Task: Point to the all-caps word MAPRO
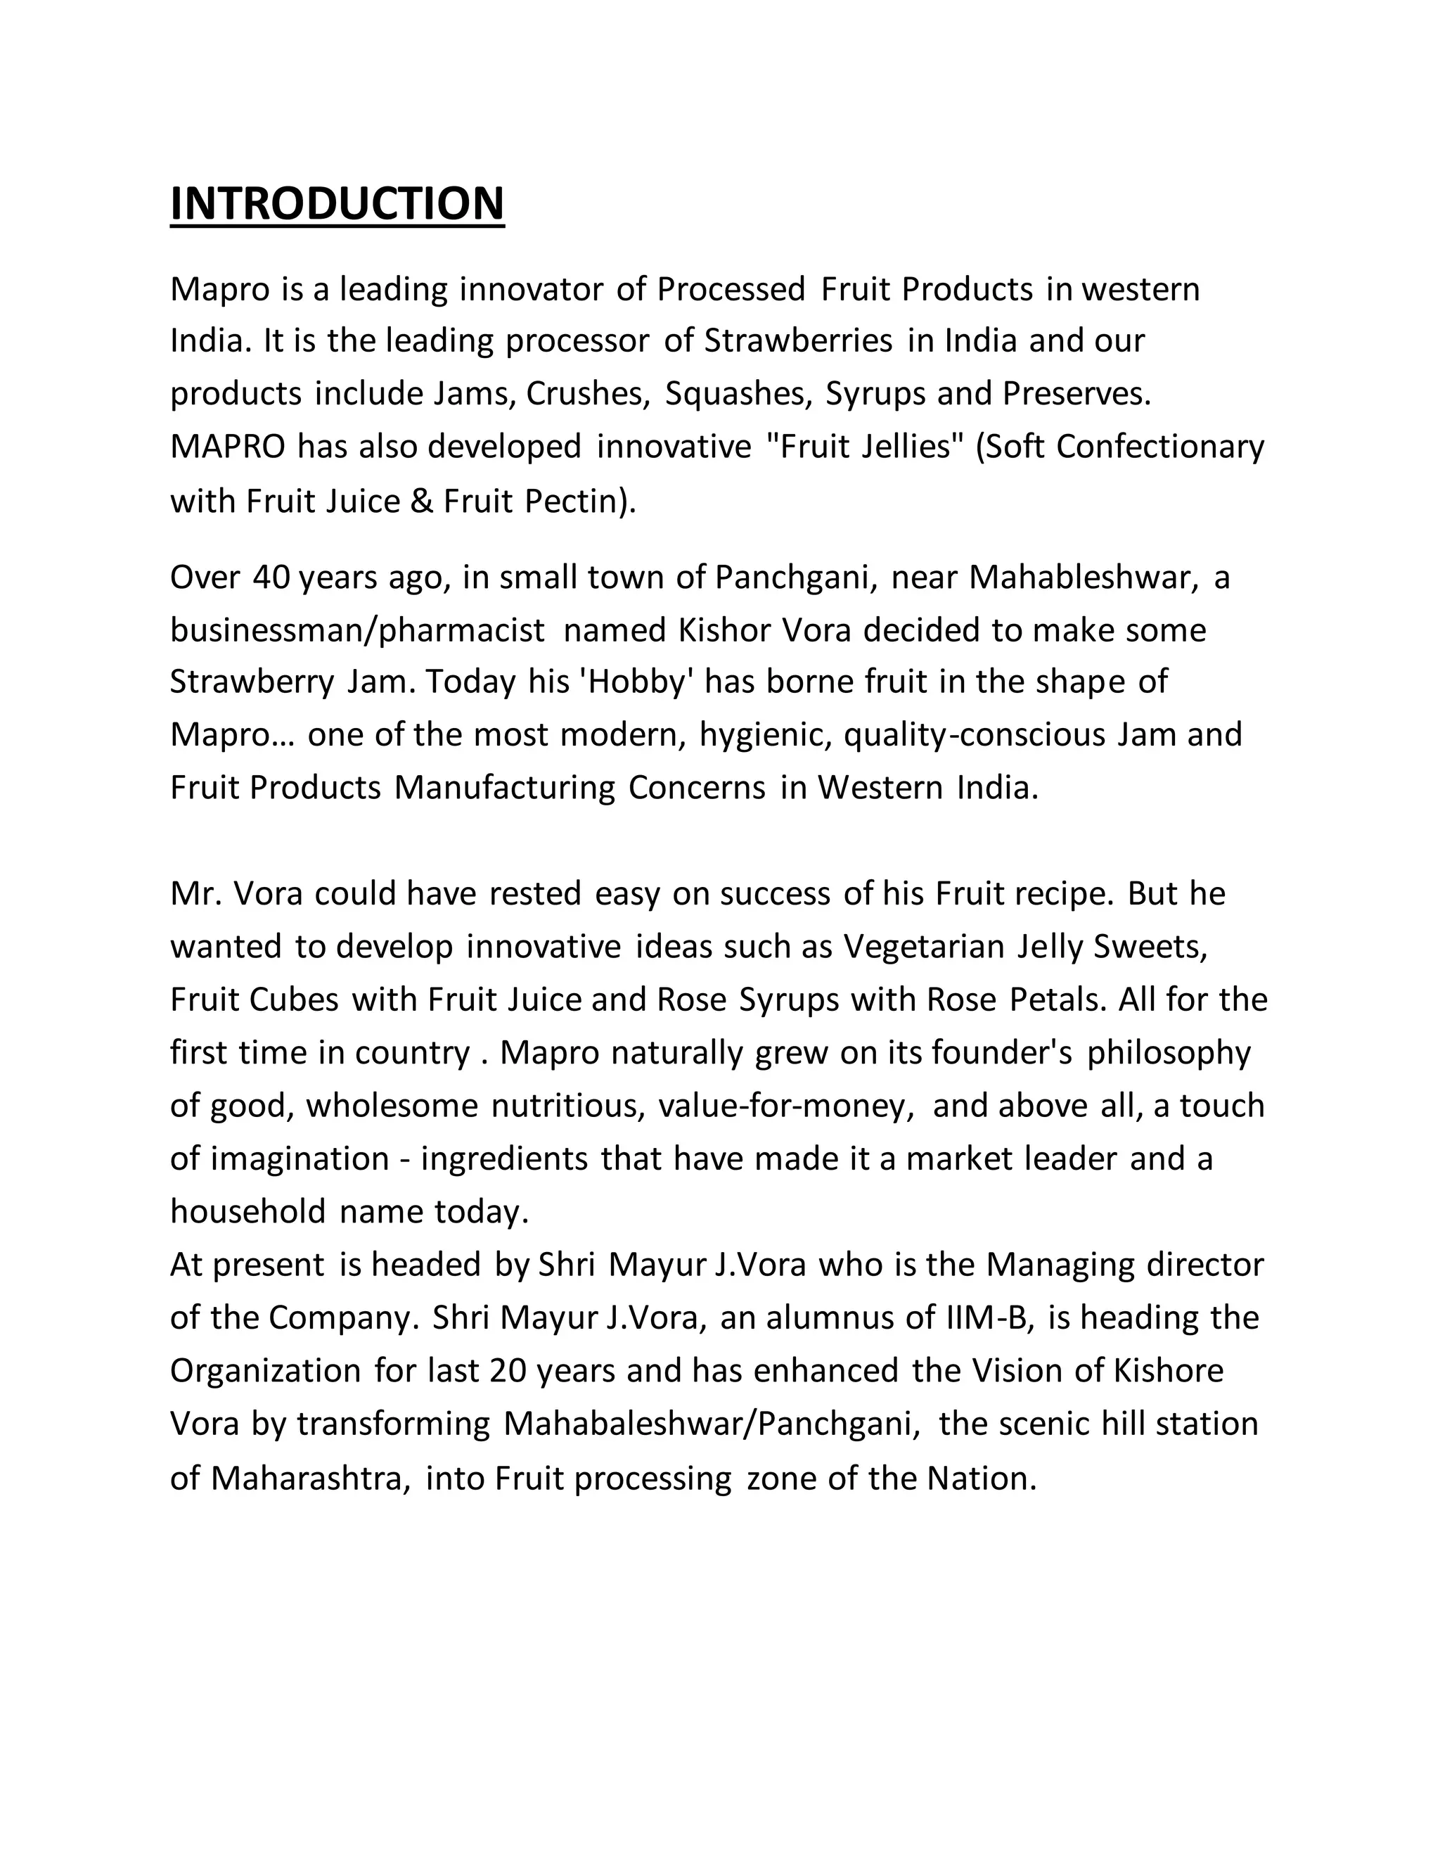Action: pyautogui.click(x=228, y=447)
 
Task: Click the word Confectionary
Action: pyautogui.click(x=1160, y=447)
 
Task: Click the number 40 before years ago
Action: pyautogui.click(x=271, y=577)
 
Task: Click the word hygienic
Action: pyautogui.click(x=765, y=735)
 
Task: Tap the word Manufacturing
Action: pyautogui.click(x=504, y=787)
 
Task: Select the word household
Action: pyautogui.click(x=248, y=1211)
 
